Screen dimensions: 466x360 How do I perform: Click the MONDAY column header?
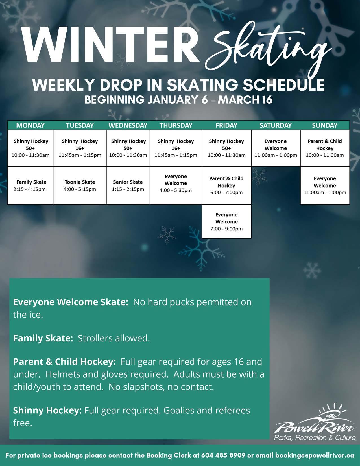click(30, 125)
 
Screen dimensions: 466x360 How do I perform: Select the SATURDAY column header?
click(275, 125)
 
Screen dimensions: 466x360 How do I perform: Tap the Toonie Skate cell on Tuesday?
click(80, 186)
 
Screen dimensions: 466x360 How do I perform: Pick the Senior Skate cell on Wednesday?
click(128, 186)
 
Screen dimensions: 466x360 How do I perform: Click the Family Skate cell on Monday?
click(30, 186)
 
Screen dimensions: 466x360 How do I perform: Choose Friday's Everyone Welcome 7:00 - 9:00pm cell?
click(226, 222)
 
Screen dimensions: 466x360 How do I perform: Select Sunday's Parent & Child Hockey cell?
click(325, 148)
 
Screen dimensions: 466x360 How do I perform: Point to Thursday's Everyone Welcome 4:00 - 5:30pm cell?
click(176, 183)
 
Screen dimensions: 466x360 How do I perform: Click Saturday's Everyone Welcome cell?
click(276, 148)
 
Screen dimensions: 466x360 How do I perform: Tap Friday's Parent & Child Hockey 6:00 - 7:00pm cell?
click(226, 186)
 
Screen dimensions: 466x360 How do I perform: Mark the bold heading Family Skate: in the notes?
click(43, 338)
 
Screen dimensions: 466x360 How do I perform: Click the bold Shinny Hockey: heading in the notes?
click(47, 410)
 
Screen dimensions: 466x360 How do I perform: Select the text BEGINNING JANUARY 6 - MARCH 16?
click(178, 100)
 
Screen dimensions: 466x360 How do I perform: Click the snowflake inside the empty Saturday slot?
click(259, 177)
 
